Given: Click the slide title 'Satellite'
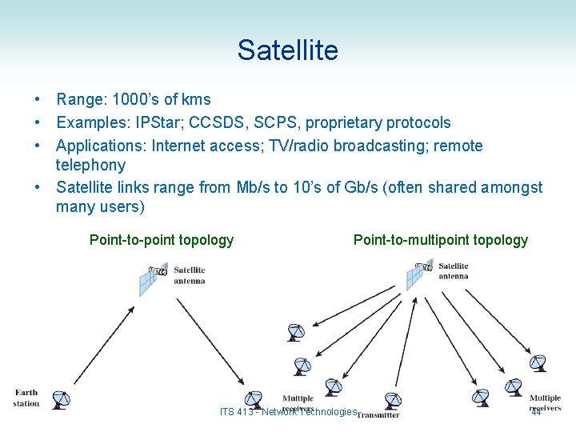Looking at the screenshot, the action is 287,50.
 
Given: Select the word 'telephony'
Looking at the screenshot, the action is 90,166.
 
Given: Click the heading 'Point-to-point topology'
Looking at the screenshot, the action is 162,240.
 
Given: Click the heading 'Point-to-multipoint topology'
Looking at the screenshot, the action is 441,240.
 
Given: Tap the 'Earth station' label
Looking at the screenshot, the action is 26,398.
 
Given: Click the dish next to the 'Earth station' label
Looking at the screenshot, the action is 58,399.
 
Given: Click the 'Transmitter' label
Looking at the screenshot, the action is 378,415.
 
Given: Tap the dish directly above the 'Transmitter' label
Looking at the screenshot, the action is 392,399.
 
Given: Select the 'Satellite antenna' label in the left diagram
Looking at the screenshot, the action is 190,275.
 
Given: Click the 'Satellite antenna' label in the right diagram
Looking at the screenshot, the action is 454,271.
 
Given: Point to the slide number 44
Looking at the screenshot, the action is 535,412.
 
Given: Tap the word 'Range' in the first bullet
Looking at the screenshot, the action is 78,100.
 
